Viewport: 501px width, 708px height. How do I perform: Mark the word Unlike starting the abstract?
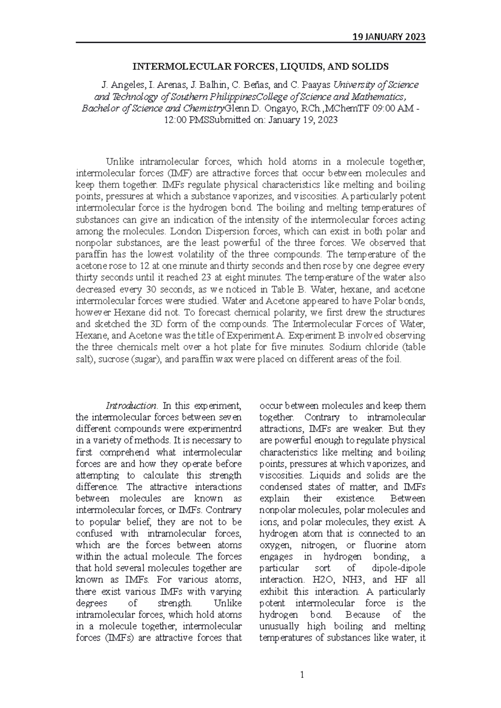(x=121, y=162)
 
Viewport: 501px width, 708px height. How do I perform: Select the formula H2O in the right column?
(x=326, y=580)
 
